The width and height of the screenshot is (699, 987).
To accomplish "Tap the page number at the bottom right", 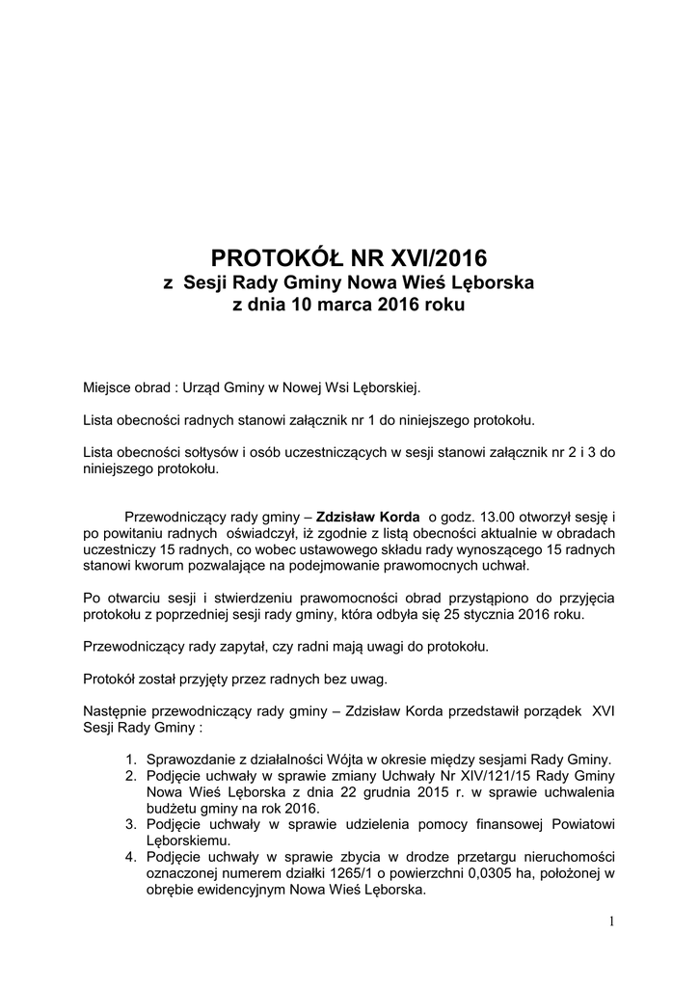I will click(611, 921).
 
